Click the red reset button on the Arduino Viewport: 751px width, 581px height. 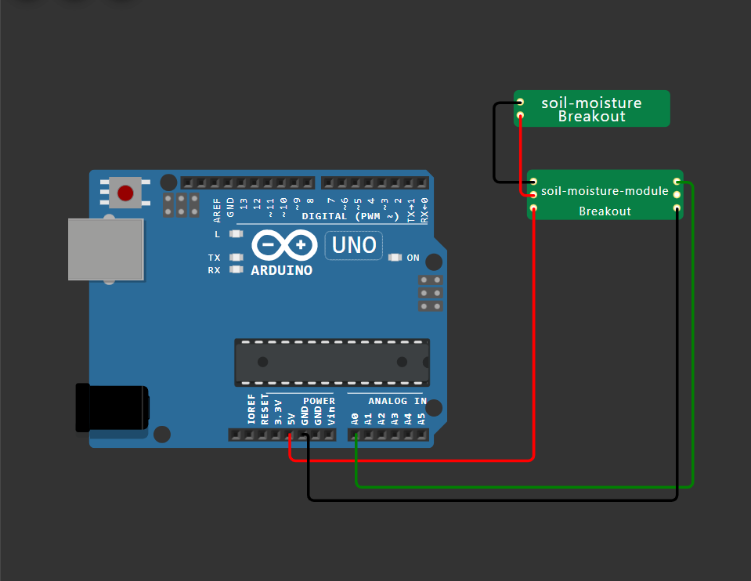[125, 193]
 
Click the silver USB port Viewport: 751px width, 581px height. [106, 249]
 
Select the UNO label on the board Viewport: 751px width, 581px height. [354, 245]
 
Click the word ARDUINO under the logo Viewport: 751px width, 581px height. [281, 271]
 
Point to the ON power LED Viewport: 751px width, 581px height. [395, 258]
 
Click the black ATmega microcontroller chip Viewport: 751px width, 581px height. [332, 362]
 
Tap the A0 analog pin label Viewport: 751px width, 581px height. [355, 418]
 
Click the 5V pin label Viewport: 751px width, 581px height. [291, 418]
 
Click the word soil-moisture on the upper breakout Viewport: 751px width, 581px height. [591, 103]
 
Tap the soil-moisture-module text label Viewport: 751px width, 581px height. [605, 191]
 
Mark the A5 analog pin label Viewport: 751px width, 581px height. [421, 418]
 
